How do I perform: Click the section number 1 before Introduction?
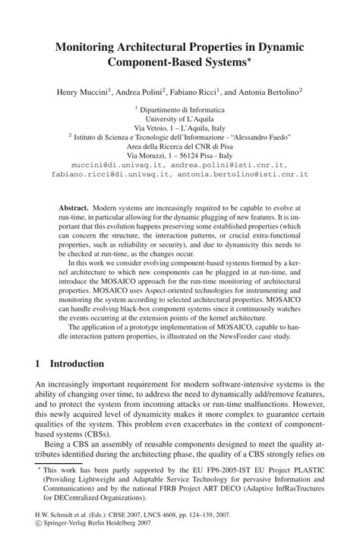click(x=39, y=364)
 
